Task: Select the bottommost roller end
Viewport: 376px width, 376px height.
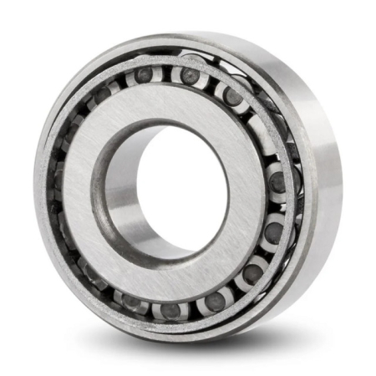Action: pos(171,310)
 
